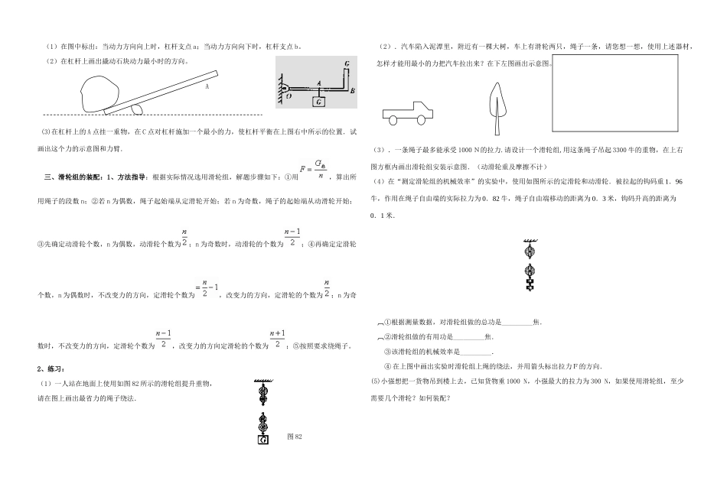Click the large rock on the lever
(x=96, y=93)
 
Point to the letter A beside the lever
(x=207, y=87)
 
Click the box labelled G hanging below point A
(x=318, y=100)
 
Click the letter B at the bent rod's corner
(x=350, y=90)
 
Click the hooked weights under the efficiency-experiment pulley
(x=528, y=284)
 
